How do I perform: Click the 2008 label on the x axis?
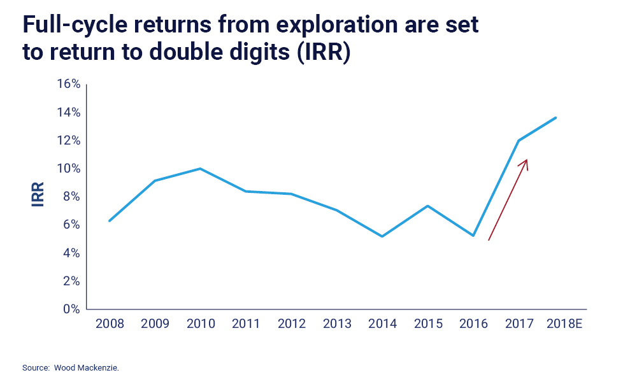tap(110, 324)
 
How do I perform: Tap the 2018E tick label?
tap(565, 324)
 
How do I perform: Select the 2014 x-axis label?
tap(382, 324)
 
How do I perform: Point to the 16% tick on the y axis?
tap(68, 85)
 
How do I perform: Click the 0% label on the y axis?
tap(70, 309)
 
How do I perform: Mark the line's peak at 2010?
tap(200, 169)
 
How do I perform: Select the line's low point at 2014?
tap(382, 236)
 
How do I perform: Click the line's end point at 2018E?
tap(556, 117)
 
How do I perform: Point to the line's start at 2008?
tap(110, 221)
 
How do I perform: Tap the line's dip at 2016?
tap(473, 236)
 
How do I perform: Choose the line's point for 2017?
tap(519, 140)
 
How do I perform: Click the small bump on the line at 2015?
tap(428, 206)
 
